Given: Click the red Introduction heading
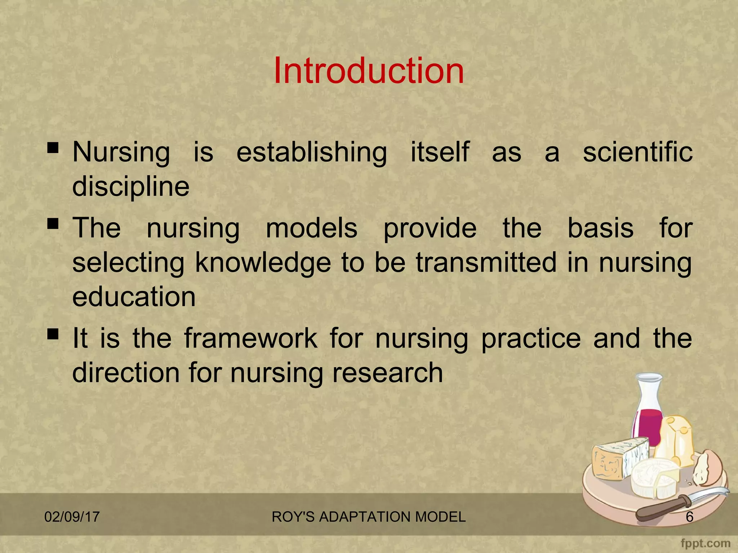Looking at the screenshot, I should coord(369,71).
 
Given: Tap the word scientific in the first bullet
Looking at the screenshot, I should coord(637,152).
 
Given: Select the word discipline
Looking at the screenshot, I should coord(131,186).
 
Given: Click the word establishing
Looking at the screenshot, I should coord(312,152).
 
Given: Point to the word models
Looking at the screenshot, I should coord(311,228).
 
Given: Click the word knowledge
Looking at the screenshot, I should coord(263,263).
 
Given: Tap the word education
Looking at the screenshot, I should coord(134,297).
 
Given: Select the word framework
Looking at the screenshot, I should coord(251,338).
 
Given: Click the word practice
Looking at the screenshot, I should coord(531,339).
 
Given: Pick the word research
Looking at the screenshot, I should coord(387,373).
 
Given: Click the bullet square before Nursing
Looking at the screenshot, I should coord(53,148).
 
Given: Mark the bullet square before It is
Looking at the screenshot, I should coord(53,334).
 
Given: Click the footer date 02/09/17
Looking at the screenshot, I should coord(72,517).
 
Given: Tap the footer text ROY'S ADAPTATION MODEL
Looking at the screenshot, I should coord(369,517).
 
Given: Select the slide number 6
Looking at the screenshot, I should coord(689,517).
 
